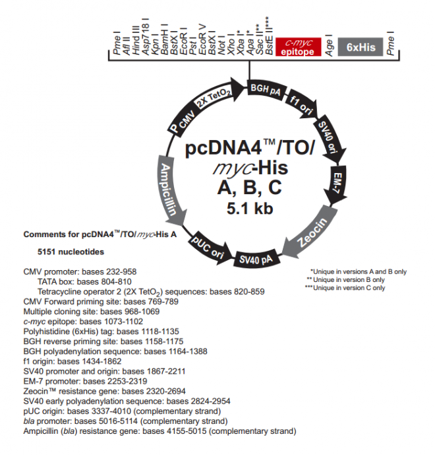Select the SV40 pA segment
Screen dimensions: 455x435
pyautogui.click(x=256, y=258)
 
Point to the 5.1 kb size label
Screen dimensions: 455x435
pyautogui.click(x=249, y=210)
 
